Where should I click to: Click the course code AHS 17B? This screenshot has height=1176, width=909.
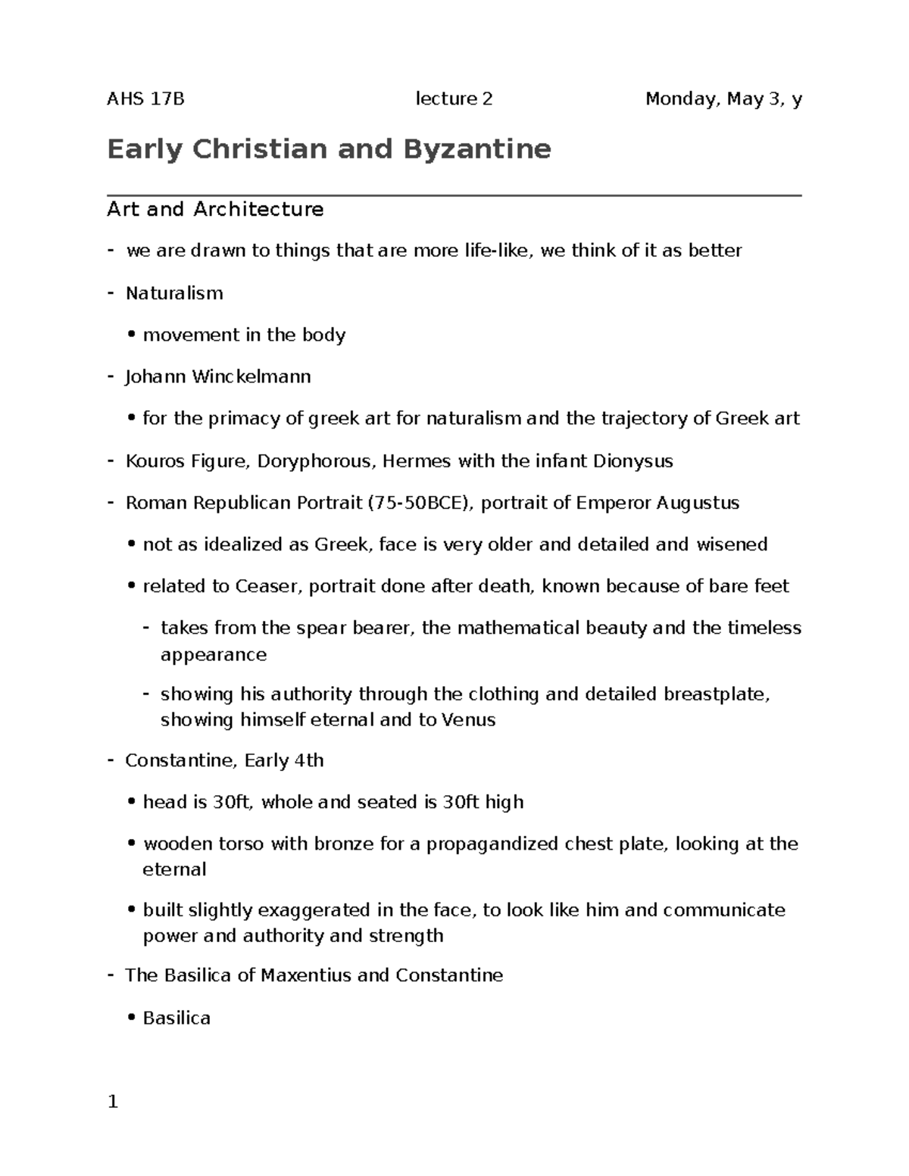tap(145, 99)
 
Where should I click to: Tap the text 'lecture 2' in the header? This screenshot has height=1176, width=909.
tap(454, 99)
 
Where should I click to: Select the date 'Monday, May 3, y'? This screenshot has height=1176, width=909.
tap(723, 99)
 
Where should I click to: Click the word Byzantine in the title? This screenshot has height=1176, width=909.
tap(476, 149)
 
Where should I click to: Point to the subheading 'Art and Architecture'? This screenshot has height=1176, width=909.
tap(215, 209)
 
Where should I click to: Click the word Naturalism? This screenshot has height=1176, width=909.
tap(174, 293)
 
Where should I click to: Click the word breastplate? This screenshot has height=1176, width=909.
tap(716, 694)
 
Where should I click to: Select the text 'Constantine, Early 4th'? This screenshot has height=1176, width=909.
tap(224, 760)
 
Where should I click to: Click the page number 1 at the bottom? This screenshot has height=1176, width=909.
tap(113, 1102)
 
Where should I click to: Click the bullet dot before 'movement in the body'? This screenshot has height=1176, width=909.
tap(133, 335)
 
